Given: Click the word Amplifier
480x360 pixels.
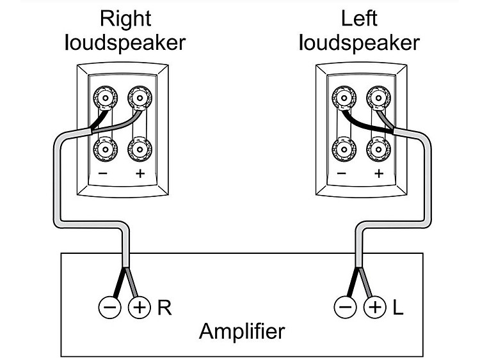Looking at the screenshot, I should (x=241, y=332).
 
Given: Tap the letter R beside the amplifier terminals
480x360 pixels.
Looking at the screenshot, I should (x=164, y=308).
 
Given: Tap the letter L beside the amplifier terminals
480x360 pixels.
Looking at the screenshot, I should (x=398, y=308).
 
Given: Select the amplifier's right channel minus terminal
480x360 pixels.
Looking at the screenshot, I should (x=109, y=308).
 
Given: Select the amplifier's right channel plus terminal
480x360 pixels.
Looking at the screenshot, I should (x=139, y=308).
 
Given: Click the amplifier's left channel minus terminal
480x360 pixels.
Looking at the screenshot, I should (x=346, y=308).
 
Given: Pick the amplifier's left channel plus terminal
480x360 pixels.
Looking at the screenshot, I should (x=375, y=308).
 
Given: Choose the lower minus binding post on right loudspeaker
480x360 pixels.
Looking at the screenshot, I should (x=105, y=150).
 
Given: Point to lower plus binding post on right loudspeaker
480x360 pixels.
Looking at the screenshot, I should (x=139, y=150).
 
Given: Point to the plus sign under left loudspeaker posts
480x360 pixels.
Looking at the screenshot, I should (x=378, y=174).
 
